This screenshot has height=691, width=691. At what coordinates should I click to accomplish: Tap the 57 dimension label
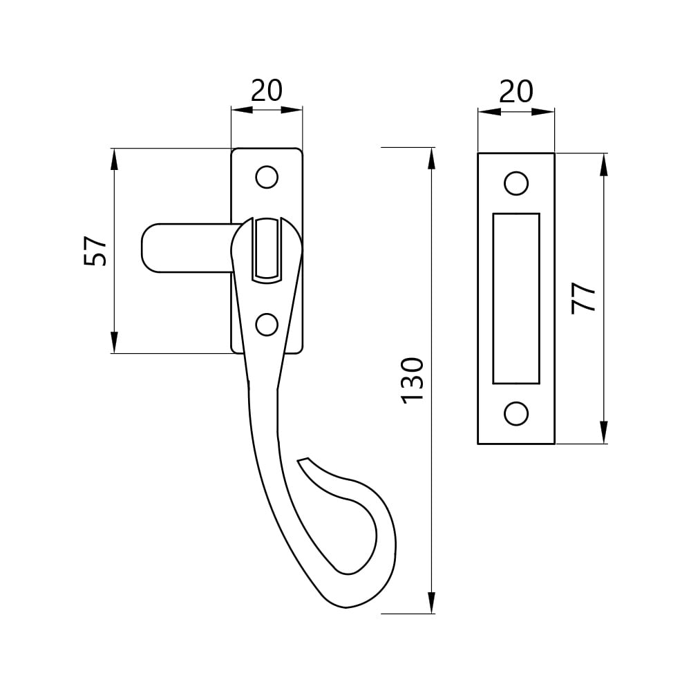point(95,252)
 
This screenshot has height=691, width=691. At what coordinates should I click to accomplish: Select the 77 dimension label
point(583,299)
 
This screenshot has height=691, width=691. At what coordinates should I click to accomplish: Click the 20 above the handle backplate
point(267,91)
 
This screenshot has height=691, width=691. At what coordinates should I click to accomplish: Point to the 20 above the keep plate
point(516,92)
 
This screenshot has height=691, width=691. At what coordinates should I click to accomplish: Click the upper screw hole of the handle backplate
point(267,177)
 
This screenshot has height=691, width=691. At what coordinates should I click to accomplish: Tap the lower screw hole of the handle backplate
point(267,324)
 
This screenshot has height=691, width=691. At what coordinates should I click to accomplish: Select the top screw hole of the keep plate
point(516,183)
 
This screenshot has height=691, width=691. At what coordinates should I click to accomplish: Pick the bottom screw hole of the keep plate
point(516,414)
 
